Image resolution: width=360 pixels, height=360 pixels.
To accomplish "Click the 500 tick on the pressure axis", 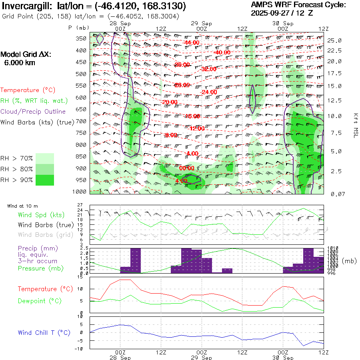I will [x=81, y=74].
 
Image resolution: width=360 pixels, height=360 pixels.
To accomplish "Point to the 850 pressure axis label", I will [x=81, y=156].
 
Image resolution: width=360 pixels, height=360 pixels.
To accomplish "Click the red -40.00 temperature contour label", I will [x=222, y=52].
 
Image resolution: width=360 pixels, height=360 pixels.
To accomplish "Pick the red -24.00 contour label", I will [x=209, y=92].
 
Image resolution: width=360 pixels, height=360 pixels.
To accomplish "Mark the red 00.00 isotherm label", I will [x=187, y=168].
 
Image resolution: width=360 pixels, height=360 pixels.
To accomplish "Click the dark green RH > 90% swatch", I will [x=45, y=180].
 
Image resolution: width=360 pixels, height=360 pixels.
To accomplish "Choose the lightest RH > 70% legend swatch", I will [x=45, y=158].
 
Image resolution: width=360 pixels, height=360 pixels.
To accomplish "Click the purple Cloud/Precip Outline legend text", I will [x=33, y=112].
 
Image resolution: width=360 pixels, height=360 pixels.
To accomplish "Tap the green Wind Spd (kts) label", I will [x=41, y=215].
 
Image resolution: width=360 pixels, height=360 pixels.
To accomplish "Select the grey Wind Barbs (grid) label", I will [x=45, y=235].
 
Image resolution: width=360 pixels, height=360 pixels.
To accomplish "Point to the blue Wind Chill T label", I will [x=44, y=332].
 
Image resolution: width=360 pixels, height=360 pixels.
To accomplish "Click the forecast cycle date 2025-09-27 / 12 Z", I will [x=282, y=13].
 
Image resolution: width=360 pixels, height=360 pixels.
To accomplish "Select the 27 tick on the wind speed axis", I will [x=80, y=205].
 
